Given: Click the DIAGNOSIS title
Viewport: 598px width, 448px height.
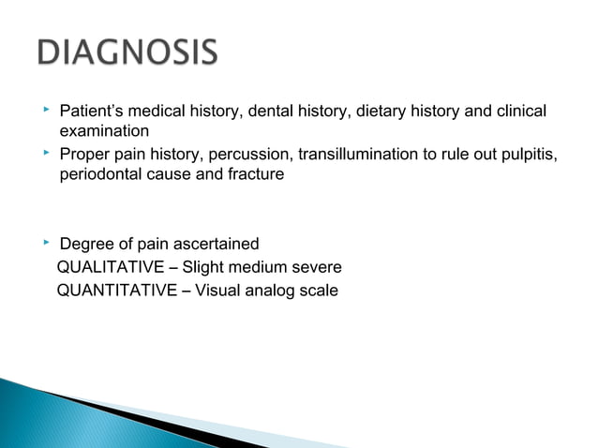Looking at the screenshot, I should click(x=127, y=52).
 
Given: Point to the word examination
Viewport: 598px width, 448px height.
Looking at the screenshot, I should click(x=104, y=132).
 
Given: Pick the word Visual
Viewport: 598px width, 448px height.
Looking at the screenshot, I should click(x=217, y=290).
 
